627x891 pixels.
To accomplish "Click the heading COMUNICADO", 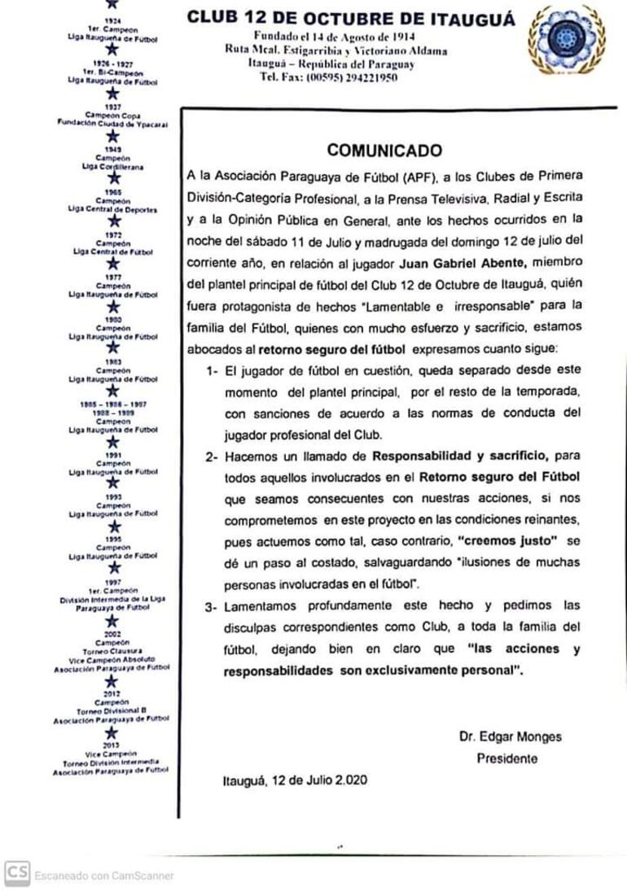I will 384,151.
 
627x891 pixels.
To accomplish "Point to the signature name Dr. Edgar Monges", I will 510,737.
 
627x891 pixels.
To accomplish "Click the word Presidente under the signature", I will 507,758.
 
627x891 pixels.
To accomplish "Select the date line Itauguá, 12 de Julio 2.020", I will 295,780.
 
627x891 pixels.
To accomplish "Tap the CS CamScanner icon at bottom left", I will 15,873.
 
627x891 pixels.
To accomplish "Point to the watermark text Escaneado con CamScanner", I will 103,876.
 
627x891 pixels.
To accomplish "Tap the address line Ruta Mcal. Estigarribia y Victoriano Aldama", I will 336,50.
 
